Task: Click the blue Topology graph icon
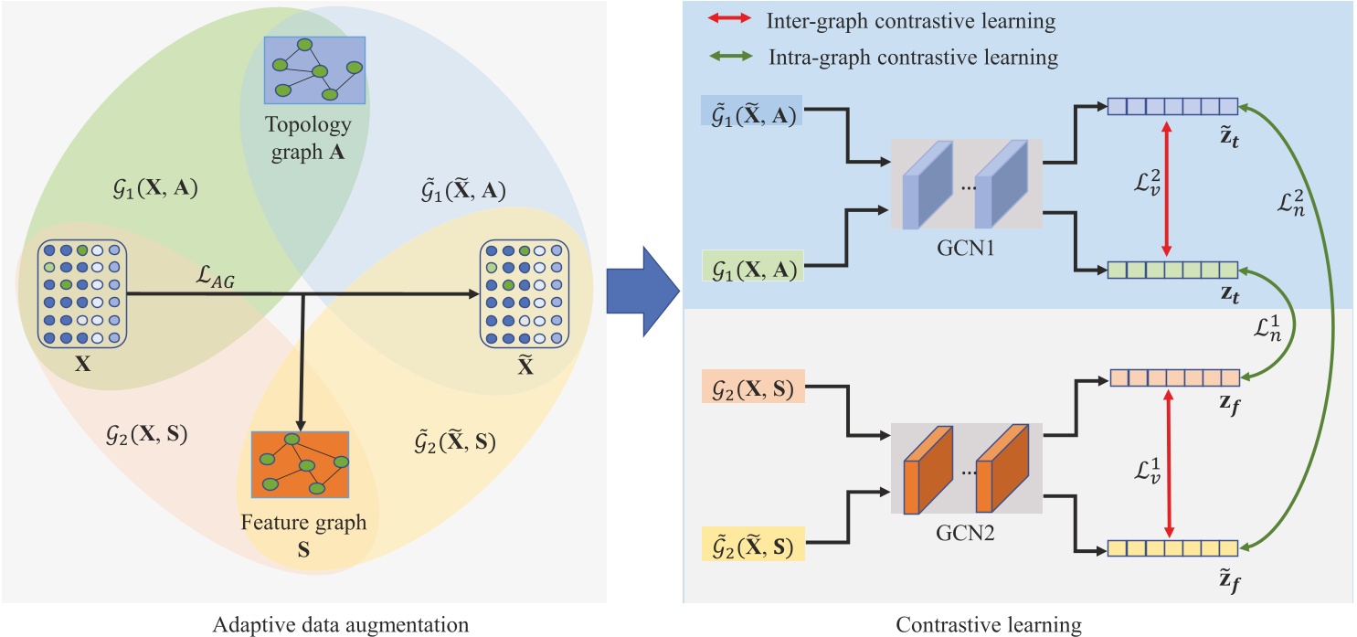(x=315, y=69)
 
